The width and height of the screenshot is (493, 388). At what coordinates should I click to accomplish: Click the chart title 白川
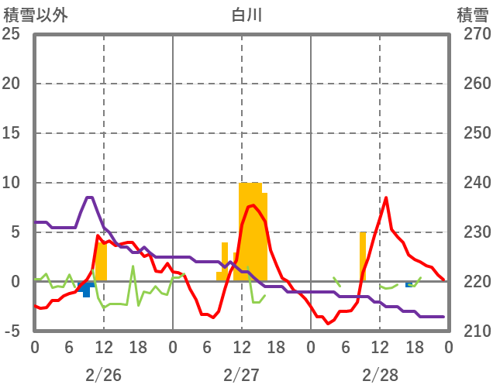[x=246, y=15]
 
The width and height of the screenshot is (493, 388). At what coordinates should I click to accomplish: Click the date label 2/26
[x=103, y=375]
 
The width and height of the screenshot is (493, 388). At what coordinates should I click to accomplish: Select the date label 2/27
[x=241, y=375]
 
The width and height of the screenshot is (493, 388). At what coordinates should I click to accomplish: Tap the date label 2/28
[x=379, y=375]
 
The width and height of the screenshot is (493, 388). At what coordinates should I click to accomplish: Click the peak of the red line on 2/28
[x=385, y=197]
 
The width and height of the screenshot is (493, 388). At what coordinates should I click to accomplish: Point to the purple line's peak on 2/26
[x=89, y=197]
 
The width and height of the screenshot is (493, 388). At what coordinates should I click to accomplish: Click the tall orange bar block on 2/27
[x=253, y=232]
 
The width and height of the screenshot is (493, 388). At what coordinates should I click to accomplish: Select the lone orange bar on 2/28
[x=362, y=256]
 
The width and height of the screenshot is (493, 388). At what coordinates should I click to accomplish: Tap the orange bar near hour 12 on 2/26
[x=101, y=262]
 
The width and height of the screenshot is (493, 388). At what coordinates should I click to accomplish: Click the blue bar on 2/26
[x=86, y=290]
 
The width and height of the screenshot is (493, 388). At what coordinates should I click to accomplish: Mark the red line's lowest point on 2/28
[x=328, y=324]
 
